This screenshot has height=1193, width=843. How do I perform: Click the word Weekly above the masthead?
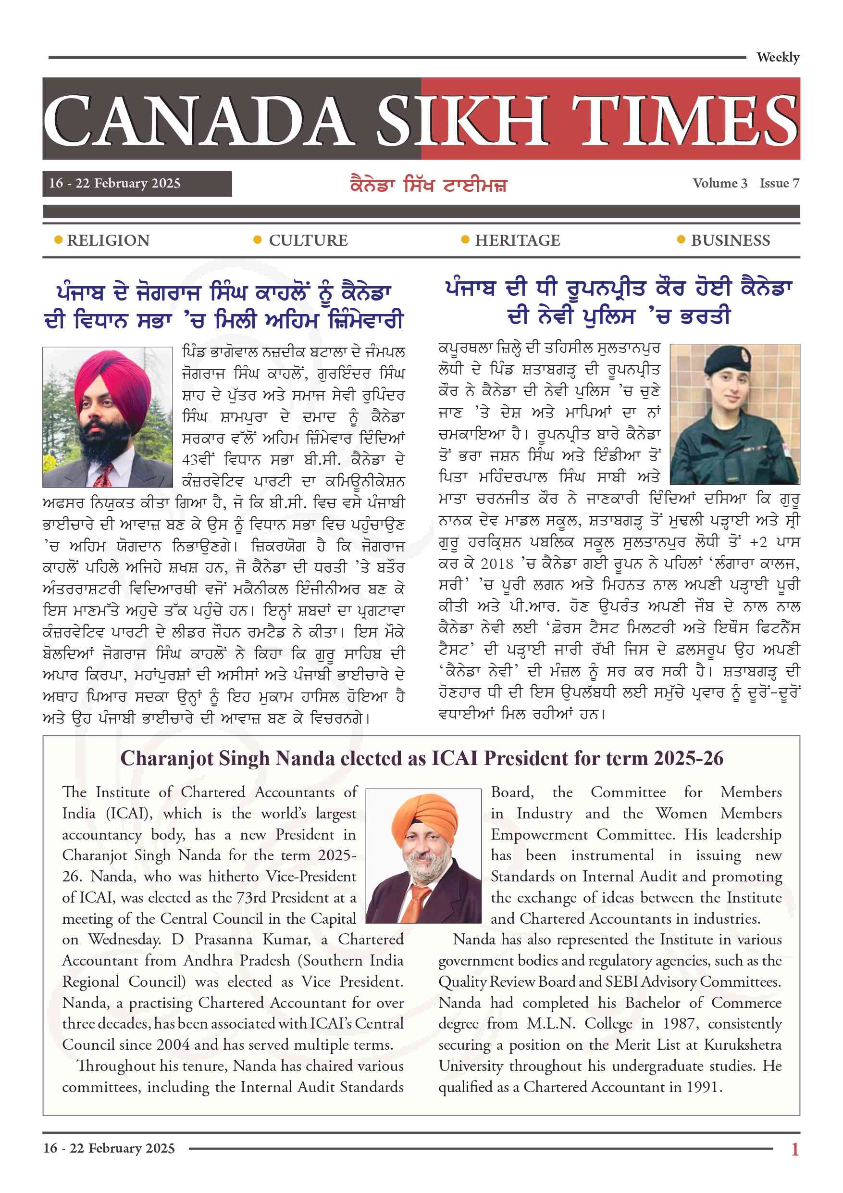[778, 57]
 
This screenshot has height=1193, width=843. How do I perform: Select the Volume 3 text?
[719, 183]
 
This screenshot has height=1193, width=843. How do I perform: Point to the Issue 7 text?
[779, 183]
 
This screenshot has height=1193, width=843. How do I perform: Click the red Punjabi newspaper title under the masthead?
[428, 185]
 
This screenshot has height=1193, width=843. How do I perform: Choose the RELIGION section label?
[108, 240]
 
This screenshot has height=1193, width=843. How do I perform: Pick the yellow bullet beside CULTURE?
[257, 240]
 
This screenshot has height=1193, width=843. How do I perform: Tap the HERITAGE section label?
[517, 240]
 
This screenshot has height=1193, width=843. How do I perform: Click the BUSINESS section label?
[730, 240]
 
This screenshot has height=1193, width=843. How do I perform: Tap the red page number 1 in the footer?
[794, 1149]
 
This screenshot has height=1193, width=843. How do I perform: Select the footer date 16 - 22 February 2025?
[109, 1148]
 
